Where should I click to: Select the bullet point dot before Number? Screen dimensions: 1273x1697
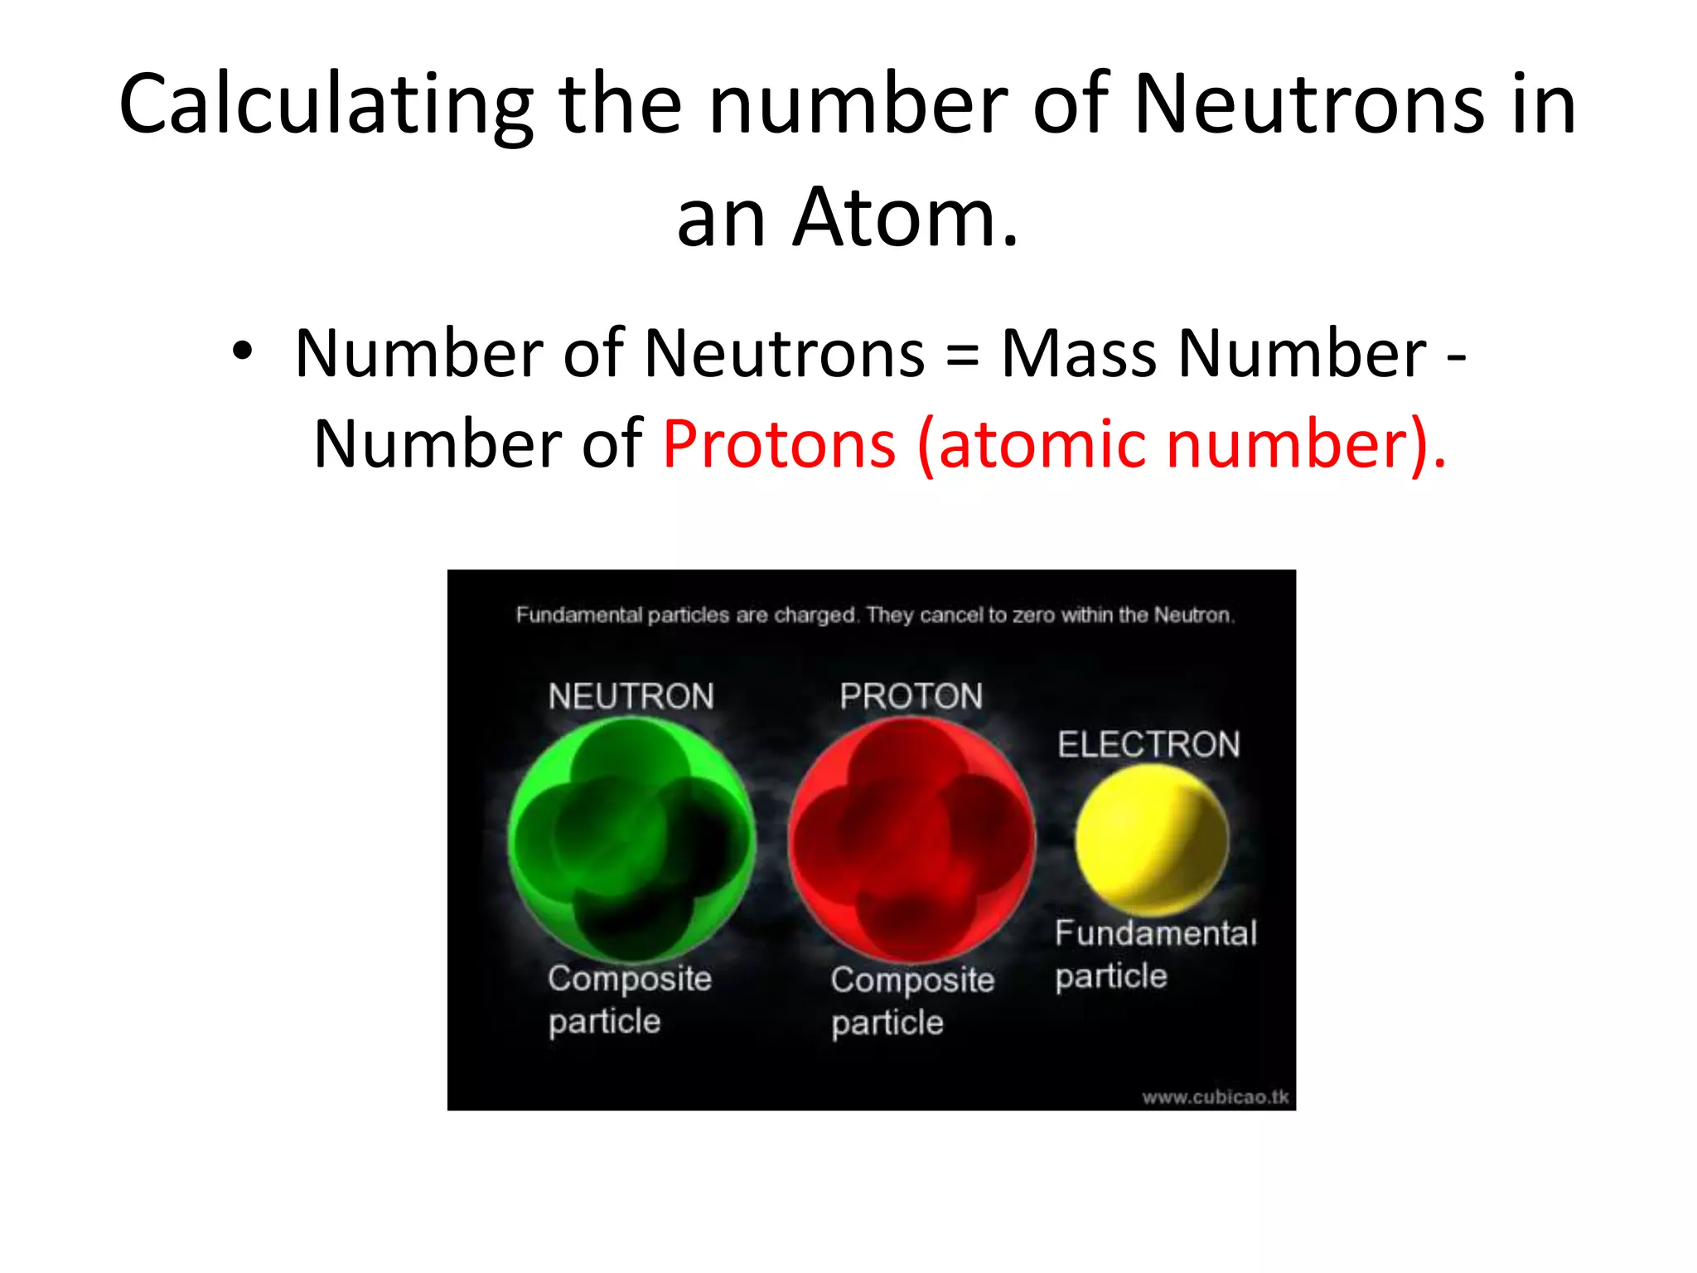241,352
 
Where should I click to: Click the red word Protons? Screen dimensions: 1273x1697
780,445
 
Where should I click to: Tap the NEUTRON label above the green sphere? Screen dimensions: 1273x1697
631,697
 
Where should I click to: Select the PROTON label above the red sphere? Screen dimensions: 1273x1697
911,697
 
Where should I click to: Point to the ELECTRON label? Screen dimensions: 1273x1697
1149,745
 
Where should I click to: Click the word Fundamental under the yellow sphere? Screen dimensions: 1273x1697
1156,934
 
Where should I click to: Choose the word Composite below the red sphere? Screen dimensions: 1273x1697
912,981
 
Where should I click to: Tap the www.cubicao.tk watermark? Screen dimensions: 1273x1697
1216,1097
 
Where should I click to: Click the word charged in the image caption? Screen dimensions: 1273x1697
815,616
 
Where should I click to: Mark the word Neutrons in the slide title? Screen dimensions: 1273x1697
1307,106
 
